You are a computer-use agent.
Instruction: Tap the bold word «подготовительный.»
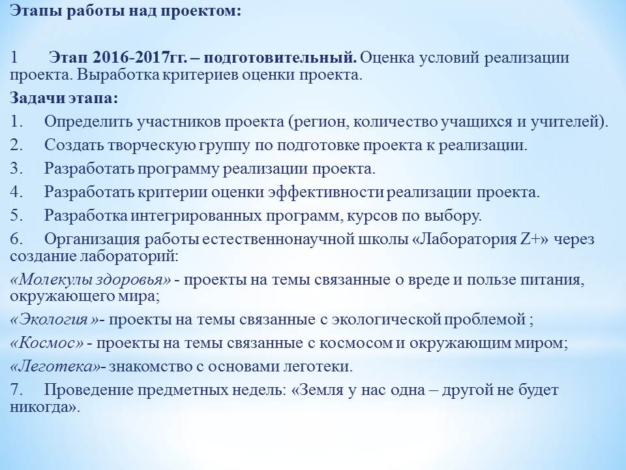280,58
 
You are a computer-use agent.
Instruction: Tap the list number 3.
16,168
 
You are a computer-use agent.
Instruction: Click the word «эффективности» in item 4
326,192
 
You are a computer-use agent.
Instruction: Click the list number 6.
16,239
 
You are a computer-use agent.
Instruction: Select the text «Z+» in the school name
531,239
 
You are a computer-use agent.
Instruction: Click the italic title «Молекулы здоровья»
91,280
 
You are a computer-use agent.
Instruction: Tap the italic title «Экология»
54,319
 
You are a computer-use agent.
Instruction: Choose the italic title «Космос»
47,343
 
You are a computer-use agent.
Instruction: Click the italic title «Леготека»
55,366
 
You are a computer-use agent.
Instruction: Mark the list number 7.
16,390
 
